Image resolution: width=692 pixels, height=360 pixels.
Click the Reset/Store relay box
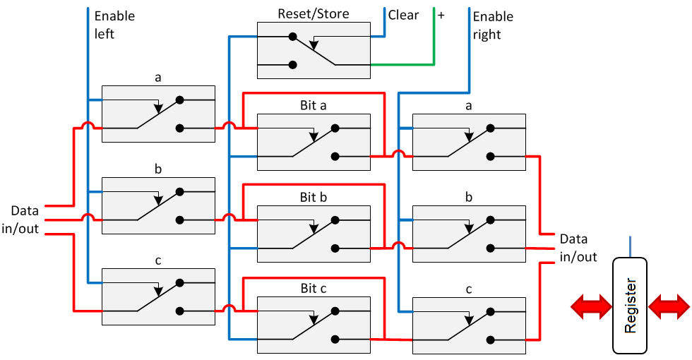coord(314,49)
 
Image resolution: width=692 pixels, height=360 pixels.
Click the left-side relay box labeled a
coord(158,114)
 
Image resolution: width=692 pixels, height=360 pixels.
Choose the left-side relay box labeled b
coord(158,205)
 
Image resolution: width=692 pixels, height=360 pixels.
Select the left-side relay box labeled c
coord(158,297)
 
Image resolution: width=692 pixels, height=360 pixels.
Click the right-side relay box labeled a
coord(469,141)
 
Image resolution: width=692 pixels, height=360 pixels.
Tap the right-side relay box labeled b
coord(469,233)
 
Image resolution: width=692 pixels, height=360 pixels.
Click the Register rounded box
coord(631,306)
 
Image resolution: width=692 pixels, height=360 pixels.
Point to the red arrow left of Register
coord(592,306)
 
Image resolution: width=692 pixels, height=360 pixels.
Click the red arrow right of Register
coord(669,306)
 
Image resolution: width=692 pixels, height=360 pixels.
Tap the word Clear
coord(403,15)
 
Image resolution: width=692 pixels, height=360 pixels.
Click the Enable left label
coord(114,24)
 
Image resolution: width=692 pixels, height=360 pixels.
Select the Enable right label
coord(493,25)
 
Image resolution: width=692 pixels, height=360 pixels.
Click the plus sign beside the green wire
coord(441,15)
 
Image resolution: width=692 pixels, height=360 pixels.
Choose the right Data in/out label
coord(578,248)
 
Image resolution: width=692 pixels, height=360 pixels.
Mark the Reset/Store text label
coord(314,13)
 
